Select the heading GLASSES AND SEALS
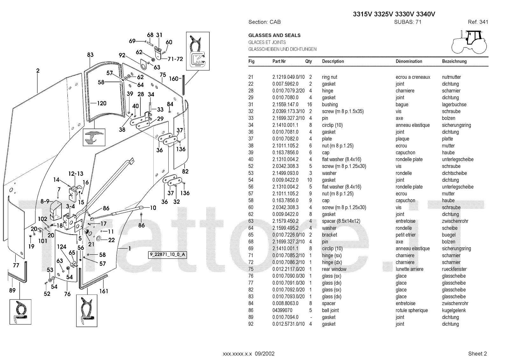(274, 35)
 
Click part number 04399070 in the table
(282, 310)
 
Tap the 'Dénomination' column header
(409, 61)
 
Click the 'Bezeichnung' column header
(454, 61)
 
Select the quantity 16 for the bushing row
(309, 105)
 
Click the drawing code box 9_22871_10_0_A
(167, 255)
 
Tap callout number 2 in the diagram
(38, 71)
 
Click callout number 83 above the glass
(90, 55)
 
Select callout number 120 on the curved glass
(101, 103)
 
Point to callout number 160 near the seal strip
(173, 79)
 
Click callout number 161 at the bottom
(104, 291)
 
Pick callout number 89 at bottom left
(12, 290)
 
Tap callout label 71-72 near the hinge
(175, 59)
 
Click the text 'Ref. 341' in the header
(478, 22)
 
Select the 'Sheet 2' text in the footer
(478, 354)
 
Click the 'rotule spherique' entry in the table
(412, 310)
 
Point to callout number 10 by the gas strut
(153, 208)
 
